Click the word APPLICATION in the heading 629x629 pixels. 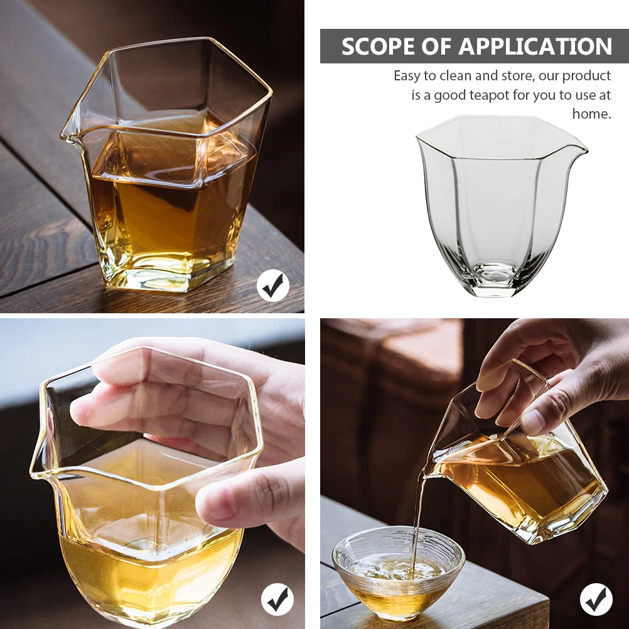click(x=535, y=47)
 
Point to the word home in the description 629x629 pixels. click(x=590, y=114)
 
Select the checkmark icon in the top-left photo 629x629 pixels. click(x=273, y=286)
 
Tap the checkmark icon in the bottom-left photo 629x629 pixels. click(x=277, y=599)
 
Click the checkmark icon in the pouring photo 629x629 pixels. click(x=596, y=599)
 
